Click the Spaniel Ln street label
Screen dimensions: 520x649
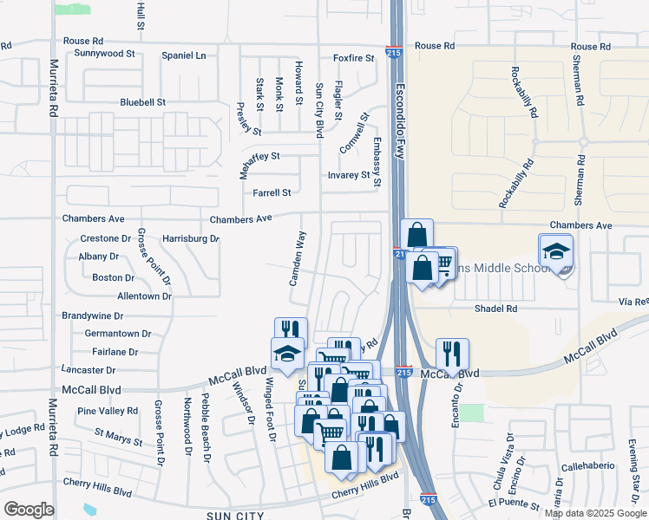(184, 55)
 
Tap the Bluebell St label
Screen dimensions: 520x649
(143, 102)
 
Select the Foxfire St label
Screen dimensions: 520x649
(353, 58)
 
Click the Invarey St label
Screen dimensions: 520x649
(349, 175)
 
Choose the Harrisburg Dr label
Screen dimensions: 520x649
(191, 237)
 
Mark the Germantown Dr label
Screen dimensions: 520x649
(118, 333)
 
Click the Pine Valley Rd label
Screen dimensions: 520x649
(108, 411)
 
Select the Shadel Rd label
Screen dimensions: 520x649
(495, 309)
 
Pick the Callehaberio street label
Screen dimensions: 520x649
(588, 465)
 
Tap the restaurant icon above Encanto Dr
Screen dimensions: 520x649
(451, 354)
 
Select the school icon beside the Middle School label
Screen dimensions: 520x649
(555, 251)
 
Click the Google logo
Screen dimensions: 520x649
(29, 510)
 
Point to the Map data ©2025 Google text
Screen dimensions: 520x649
(594, 513)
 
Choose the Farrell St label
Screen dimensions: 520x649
(272, 192)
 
